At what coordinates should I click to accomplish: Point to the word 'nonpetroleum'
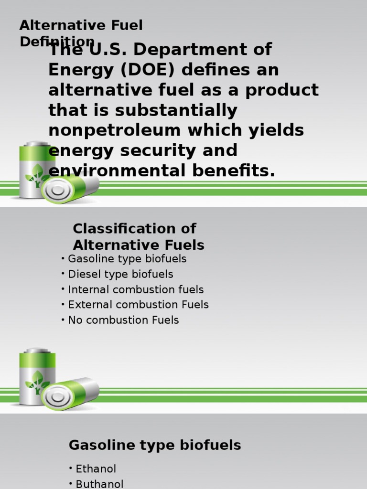coord(115,130)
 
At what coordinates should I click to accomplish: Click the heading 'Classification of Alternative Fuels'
coord(138,237)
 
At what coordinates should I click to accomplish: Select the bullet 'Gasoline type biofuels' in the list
coord(127,259)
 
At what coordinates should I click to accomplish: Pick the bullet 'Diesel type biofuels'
coord(120,274)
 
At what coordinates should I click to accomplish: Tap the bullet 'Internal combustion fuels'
coord(136,289)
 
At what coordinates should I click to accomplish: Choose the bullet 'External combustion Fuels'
coord(138,305)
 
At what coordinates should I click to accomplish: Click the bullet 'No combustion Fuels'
coord(123,320)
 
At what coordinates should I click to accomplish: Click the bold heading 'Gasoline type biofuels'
coord(155,446)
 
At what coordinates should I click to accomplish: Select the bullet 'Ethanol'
coord(96,469)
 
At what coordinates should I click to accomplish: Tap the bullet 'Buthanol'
coord(99,484)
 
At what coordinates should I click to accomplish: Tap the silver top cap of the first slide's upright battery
coord(37,143)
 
